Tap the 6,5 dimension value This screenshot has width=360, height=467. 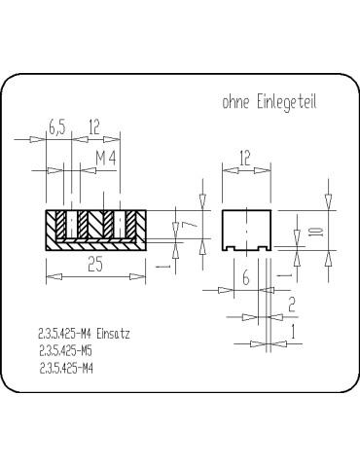tap(56, 127)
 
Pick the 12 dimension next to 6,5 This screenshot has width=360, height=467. tap(94, 127)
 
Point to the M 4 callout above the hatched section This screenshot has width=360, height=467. tap(107, 157)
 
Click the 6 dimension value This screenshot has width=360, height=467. tap(245, 278)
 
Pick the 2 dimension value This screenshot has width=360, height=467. tap(292, 305)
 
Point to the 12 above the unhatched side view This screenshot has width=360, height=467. tap(245, 157)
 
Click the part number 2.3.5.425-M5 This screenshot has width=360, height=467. tap(65, 350)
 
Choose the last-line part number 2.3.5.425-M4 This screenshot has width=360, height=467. tap(65, 368)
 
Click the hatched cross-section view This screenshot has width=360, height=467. tap(95, 231)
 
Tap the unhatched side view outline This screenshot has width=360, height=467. tap(245, 231)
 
